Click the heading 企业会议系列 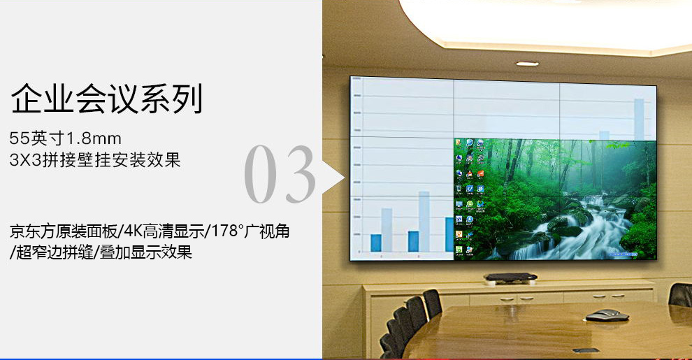pos(107,99)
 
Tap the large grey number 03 pos(280,175)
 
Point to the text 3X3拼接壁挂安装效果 pos(95,160)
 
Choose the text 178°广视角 pos(251,231)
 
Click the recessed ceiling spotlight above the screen pos(527,64)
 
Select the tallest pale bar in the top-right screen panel pos(638,119)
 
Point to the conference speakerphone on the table pos(607,315)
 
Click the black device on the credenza pos(510,278)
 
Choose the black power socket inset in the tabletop pos(585,350)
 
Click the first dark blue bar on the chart pos(376,242)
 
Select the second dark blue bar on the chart pos(413,240)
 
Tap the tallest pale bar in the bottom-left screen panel pos(424,221)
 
